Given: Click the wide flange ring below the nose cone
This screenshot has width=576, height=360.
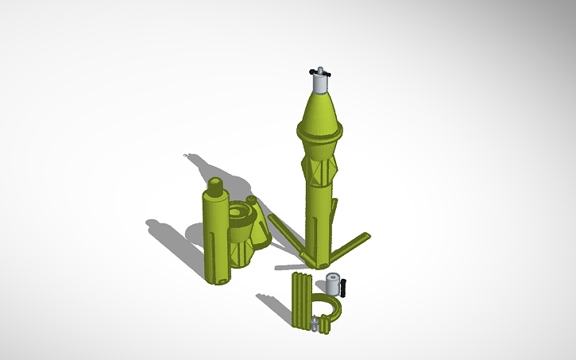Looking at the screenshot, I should coord(320,130).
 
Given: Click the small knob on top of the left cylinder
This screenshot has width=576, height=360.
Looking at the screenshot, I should coord(215,186).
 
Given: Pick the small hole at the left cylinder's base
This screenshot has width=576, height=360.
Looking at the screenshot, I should coord(222,279).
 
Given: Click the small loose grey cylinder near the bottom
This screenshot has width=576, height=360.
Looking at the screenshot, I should coord(333,284).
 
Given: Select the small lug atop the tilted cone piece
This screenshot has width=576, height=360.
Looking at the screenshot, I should coord(252,199).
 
